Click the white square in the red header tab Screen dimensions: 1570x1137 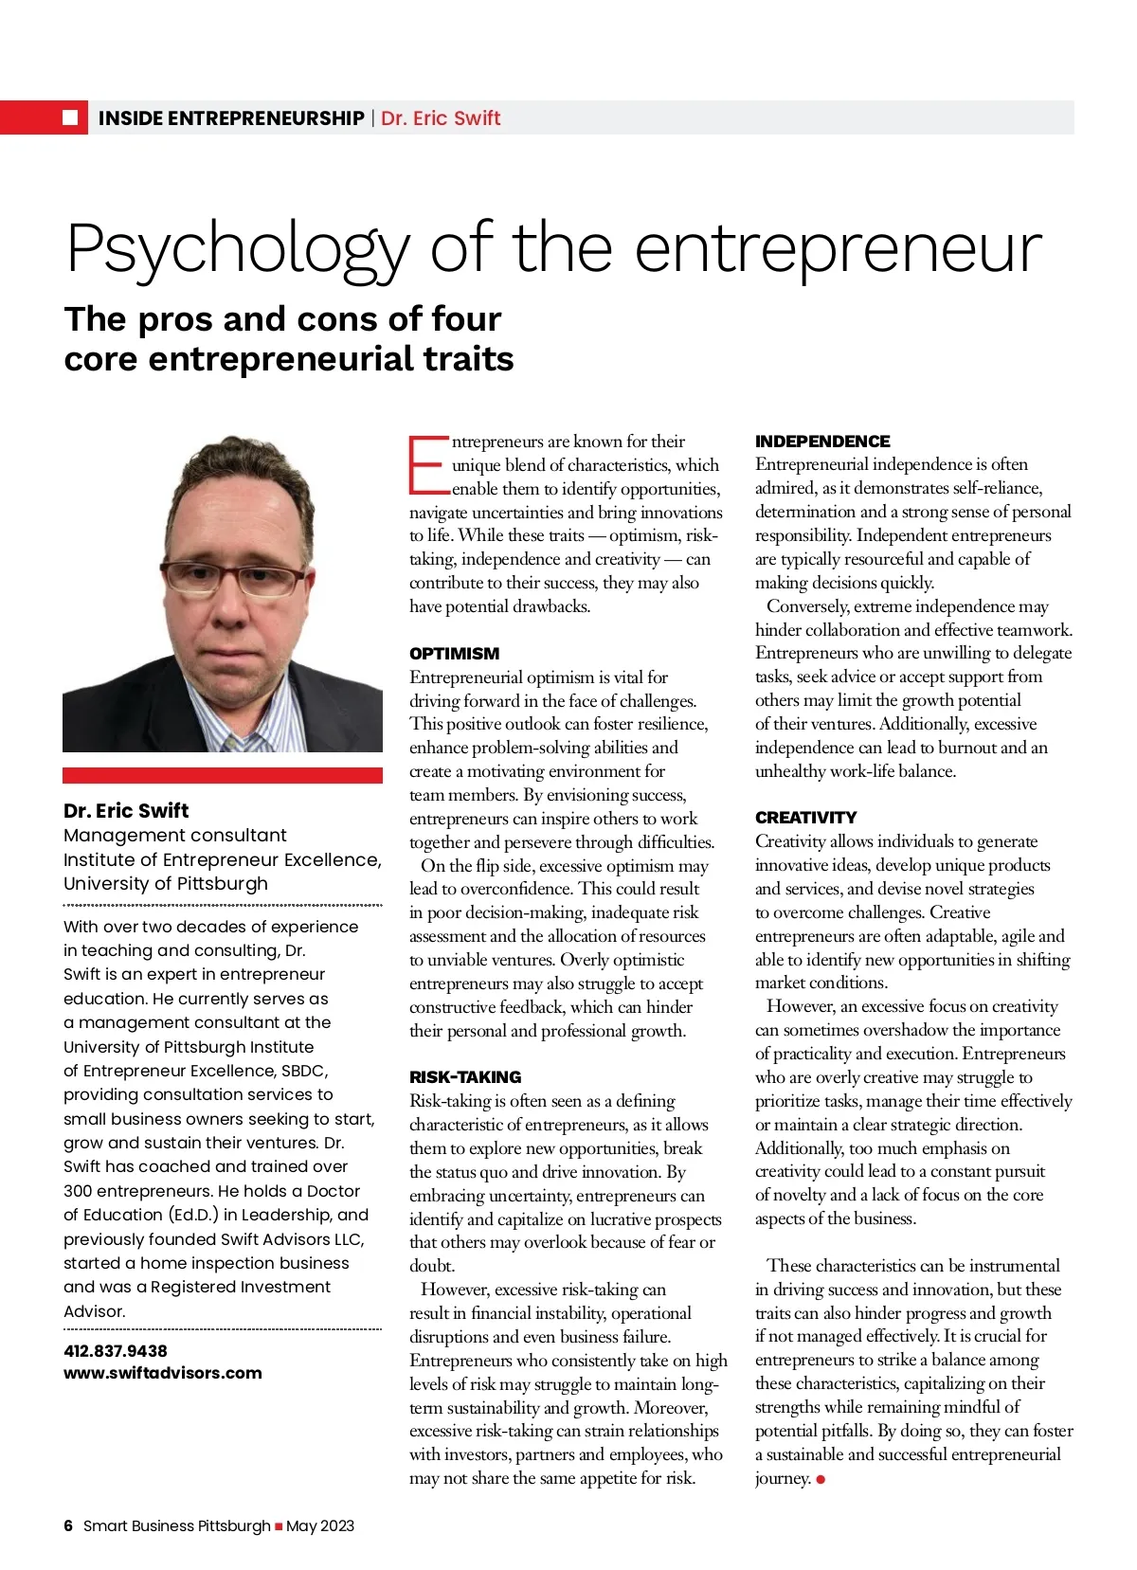pyautogui.click(x=70, y=117)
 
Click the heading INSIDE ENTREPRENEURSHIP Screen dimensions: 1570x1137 pyautogui.click(x=231, y=118)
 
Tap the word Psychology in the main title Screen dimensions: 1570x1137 pyautogui.click(x=237, y=249)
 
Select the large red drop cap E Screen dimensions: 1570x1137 pyautogui.click(x=427, y=465)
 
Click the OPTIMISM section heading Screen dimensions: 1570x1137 pyautogui.click(x=454, y=654)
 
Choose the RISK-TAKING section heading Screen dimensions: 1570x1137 pyautogui.click(x=465, y=1077)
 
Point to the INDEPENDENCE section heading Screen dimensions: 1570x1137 pyautogui.click(x=822, y=442)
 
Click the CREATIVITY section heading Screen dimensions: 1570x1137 pyautogui.click(x=805, y=818)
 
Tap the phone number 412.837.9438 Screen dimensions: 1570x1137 pyautogui.click(x=116, y=1351)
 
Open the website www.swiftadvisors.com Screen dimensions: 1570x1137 pyautogui.click(x=163, y=1373)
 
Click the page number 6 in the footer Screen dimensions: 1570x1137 pyautogui.click(x=68, y=1525)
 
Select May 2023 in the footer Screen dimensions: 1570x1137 pyautogui.click(x=320, y=1525)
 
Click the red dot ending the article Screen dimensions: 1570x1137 pyautogui.click(x=821, y=1479)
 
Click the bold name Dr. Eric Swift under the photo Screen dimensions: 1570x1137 pyautogui.click(x=126, y=811)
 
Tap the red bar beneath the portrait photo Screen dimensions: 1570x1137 pyautogui.click(x=223, y=775)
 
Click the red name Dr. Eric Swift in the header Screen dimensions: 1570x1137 pyautogui.click(x=441, y=118)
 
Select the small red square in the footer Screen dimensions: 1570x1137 pyautogui.click(x=279, y=1526)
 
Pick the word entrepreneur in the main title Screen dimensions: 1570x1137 pyautogui.click(x=838, y=249)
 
